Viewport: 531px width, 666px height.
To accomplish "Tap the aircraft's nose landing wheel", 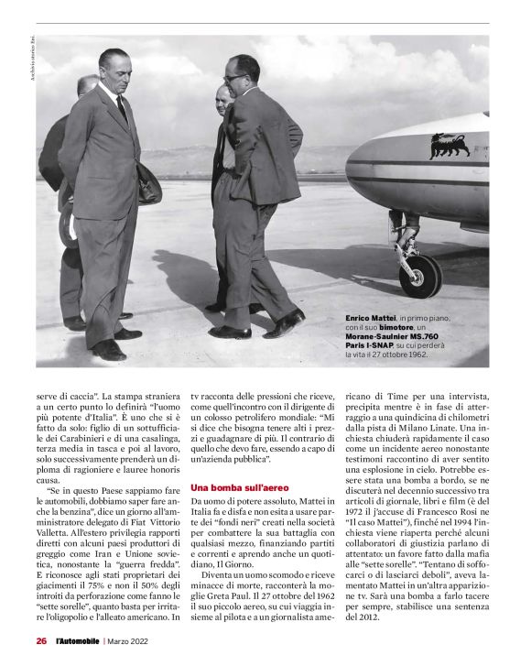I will pos(420,276).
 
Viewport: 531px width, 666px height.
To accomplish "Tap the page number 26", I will pos(41,641).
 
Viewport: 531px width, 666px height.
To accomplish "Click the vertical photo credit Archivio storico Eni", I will pos(29,68).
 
